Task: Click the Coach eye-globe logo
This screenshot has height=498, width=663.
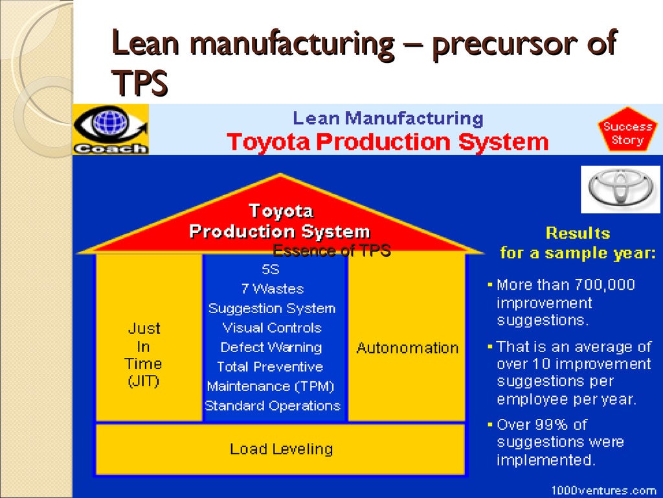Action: [111, 128]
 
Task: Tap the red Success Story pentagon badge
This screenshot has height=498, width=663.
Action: [627, 133]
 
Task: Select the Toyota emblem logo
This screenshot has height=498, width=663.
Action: [620, 188]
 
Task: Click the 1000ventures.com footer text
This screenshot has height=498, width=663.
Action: [603, 490]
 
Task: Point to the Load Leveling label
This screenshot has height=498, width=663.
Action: [281, 449]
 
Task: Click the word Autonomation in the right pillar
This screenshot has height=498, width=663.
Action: [407, 348]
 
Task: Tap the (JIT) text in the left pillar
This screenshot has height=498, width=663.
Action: [143, 381]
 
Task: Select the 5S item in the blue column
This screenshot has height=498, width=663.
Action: [271, 270]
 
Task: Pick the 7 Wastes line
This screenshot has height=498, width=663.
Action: [272, 289]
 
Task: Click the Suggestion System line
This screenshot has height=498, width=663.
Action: [272, 309]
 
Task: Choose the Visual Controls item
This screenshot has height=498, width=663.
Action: [272, 328]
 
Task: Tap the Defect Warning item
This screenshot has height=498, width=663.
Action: [271, 348]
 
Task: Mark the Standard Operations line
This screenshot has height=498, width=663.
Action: [272, 406]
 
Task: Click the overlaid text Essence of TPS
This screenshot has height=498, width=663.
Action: [331, 251]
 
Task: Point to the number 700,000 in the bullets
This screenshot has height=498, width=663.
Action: [603, 285]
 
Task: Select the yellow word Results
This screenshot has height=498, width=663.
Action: [578, 233]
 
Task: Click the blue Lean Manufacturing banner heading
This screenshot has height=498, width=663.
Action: [388, 119]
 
